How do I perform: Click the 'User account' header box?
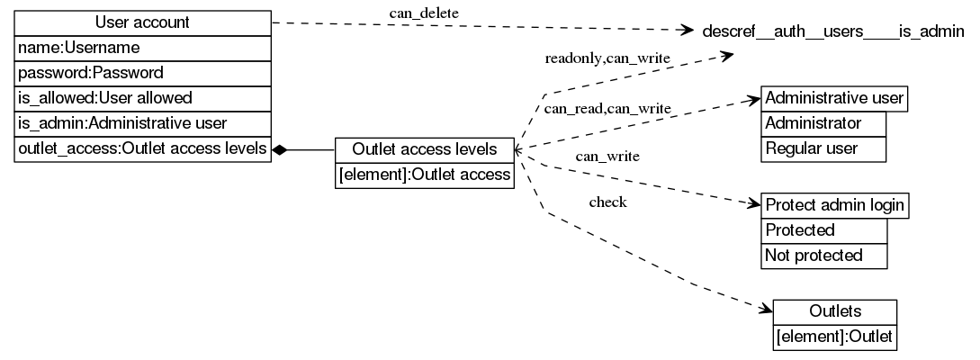point(142,22)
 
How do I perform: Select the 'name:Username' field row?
point(142,47)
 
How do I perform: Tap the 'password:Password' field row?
point(142,72)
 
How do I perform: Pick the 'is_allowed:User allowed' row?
point(142,97)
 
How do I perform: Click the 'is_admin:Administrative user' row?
point(142,122)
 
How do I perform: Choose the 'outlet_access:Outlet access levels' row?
point(142,148)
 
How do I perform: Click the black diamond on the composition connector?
point(280,149)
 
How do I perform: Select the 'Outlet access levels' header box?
point(425,149)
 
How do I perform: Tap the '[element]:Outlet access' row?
point(425,175)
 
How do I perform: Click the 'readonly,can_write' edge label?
point(607,58)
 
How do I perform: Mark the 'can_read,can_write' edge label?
point(607,109)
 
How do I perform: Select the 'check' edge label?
point(607,202)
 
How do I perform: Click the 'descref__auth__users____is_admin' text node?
point(832,31)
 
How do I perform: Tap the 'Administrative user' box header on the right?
point(834,98)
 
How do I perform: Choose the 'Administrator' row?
point(823,123)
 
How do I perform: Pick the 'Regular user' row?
point(823,148)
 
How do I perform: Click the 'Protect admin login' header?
point(834,205)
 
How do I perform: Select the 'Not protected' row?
point(823,256)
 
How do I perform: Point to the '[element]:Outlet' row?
point(834,337)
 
